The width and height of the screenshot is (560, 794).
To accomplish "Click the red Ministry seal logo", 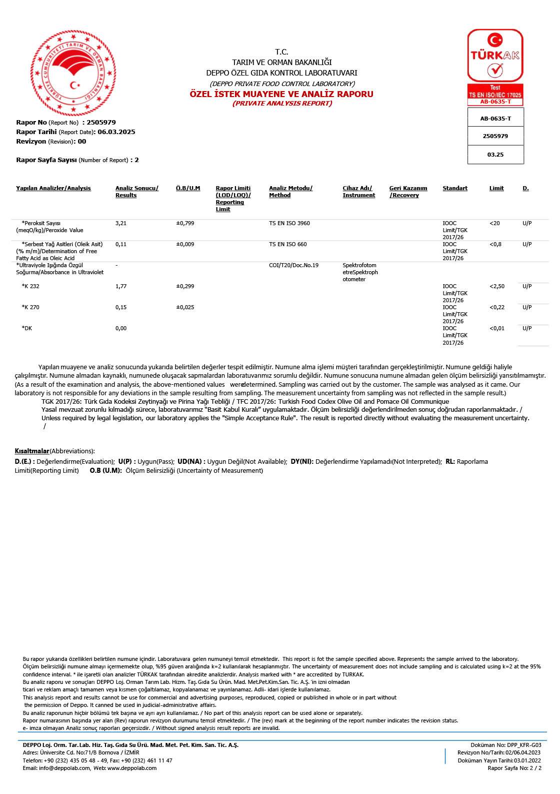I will [x=73, y=73].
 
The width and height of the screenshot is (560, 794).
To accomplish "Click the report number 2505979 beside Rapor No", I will [x=101, y=123].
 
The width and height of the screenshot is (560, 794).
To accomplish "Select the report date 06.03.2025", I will [x=116, y=132].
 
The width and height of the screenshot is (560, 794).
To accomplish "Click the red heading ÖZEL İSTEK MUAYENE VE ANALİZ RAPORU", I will [x=281, y=94].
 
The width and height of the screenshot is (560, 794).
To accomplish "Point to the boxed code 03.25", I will [x=495, y=155].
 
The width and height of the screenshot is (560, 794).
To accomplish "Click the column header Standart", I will [x=455, y=189].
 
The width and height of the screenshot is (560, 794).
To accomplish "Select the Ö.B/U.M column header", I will [x=188, y=189].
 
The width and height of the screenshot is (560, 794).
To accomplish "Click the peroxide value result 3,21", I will [x=121, y=224].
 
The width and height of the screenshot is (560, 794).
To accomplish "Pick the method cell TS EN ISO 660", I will [x=288, y=245].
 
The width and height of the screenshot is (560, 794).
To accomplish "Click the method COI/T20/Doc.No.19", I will [x=293, y=266].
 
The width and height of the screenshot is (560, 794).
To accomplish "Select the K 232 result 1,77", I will [x=121, y=287].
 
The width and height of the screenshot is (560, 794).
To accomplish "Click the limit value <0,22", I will [x=497, y=308].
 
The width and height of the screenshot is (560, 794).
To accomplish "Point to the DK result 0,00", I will [x=121, y=329].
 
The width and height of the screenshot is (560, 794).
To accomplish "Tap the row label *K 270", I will [x=30, y=308].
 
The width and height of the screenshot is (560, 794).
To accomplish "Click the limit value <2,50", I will [x=497, y=287].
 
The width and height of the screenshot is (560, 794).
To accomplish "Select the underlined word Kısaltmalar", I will [x=32, y=451].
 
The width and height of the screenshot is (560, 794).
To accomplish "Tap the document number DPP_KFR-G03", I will [x=524, y=745].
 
